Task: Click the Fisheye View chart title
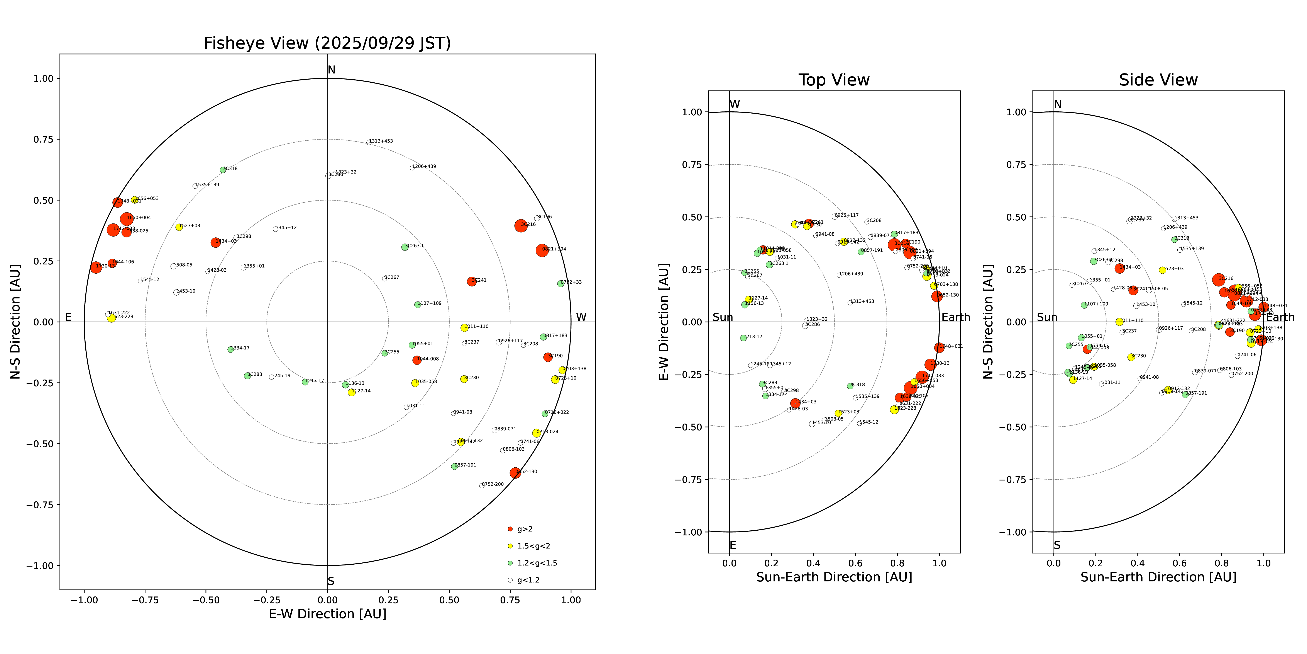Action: (327, 43)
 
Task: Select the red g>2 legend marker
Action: (510, 529)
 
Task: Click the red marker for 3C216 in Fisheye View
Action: (521, 225)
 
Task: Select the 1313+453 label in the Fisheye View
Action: (381, 141)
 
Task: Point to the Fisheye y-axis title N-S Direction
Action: (15, 321)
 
